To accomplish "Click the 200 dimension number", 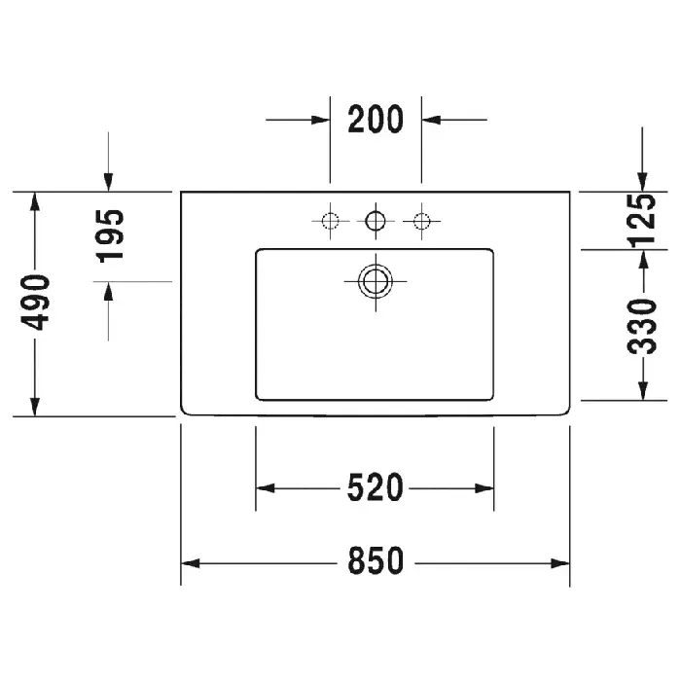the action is coord(376,119).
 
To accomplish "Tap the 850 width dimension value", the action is coord(376,560).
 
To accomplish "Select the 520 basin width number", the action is coord(376,487).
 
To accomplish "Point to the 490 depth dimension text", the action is coord(35,303).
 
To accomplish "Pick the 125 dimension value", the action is coord(641,221).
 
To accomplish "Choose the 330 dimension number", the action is coord(642,326).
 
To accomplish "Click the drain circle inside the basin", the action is coord(376,282).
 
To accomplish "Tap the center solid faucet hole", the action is coord(376,221).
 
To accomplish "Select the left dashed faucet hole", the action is coord(330,221).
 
